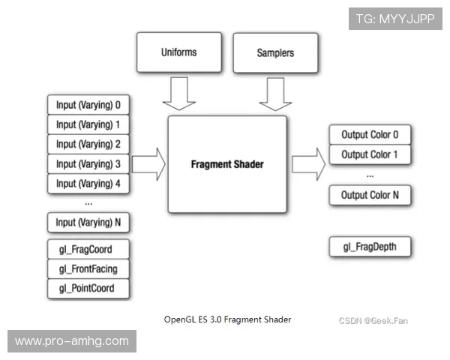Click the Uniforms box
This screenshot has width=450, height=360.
pyautogui.click(x=179, y=52)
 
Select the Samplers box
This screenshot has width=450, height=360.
pyautogui.click(x=275, y=52)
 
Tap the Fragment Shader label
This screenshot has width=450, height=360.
pyautogui.click(x=226, y=164)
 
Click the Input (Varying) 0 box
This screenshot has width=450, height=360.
pyautogui.click(x=88, y=104)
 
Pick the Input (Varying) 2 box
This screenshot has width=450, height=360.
pyautogui.click(x=88, y=144)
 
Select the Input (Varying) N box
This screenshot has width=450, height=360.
pyautogui.click(x=88, y=223)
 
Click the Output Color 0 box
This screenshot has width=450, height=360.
pyautogui.click(x=370, y=135)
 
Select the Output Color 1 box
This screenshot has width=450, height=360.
pyautogui.click(x=370, y=155)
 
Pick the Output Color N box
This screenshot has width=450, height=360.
pyautogui.click(x=370, y=195)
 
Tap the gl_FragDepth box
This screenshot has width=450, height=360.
pyautogui.click(x=370, y=247)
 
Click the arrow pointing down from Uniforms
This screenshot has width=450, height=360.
pyautogui.click(x=179, y=93)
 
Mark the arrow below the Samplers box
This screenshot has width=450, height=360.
pyautogui.click(x=275, y=93)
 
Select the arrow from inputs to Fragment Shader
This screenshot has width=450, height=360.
pyautogui.click(x=148, y=163)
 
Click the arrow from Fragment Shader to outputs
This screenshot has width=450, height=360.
pyautogui.click(x=308, y=163)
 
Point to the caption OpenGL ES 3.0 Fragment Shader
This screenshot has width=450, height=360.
pyautogui.click(x=227, y=319)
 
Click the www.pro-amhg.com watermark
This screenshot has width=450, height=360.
pyautogui.click(x=72, y=341)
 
